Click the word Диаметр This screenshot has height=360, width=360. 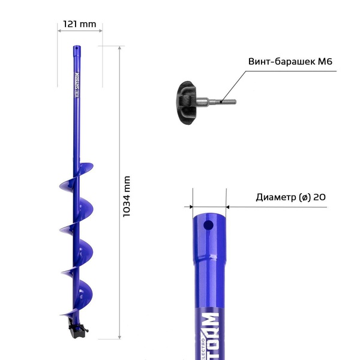pos(275,197)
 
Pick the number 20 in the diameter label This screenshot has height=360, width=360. pos(320,197)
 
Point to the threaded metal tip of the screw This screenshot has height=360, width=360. pos(226,101)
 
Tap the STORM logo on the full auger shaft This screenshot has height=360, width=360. pos(77,84)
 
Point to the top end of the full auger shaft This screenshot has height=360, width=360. pos(76,48)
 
